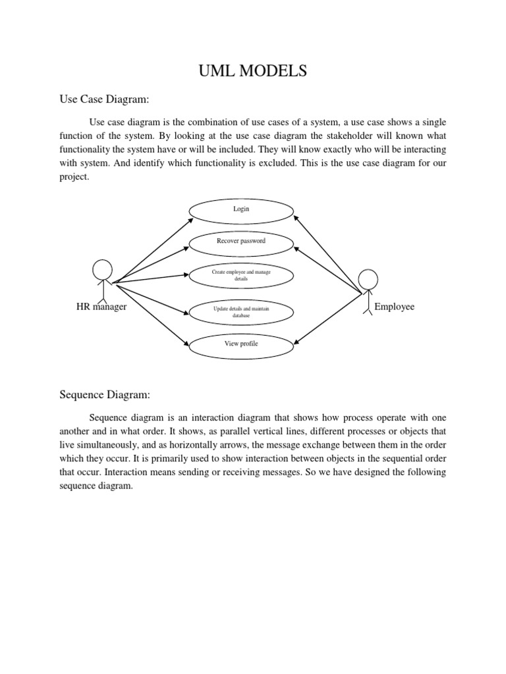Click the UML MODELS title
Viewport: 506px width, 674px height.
tap(253, 71)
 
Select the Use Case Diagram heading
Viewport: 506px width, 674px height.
tap(105, 99)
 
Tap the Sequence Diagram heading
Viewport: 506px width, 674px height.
tap(105, 395)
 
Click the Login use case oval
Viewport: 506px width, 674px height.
tap(241, 209)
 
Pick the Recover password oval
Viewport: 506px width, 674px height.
tap(241, 241)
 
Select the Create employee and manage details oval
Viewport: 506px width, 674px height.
tap(241, 275)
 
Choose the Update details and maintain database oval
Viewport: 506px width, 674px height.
tap(241, 313)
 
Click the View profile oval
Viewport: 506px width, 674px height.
tap(241, 344)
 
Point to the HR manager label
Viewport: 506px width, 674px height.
tap(101, 307)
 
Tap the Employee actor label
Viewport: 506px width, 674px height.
tap(394, 307)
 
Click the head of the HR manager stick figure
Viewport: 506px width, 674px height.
tap(102, 270)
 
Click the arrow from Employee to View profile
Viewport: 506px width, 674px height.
tap(326, 318)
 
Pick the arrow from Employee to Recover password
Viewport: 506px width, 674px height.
tap(326, 269)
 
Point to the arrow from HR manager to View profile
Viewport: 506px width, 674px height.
tap(148, 313)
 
